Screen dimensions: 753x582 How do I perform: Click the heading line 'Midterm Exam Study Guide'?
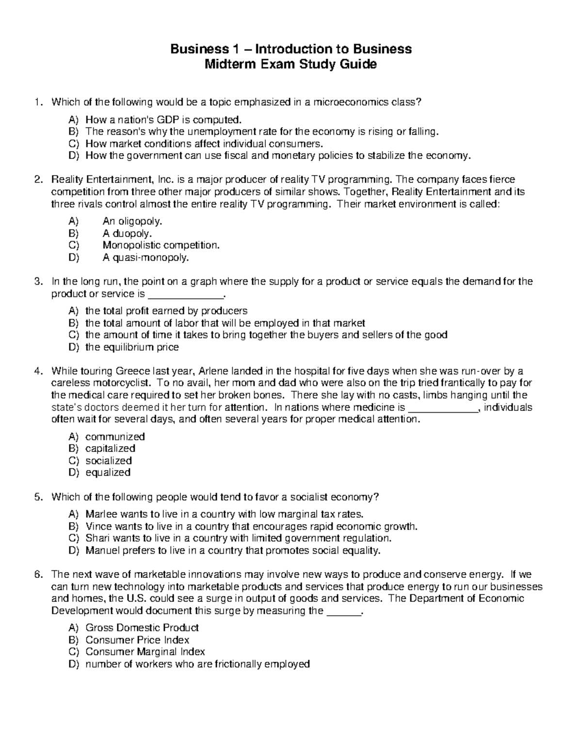(291, 64)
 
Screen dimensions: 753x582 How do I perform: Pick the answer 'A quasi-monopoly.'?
(145, 257)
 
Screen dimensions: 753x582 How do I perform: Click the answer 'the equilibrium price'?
(132, 347)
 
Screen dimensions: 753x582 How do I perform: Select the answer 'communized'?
(115, 436)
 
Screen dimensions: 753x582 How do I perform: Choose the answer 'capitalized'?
(110, 449)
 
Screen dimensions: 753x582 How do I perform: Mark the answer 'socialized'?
(109, 461)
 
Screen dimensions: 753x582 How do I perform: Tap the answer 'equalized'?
(108, 472)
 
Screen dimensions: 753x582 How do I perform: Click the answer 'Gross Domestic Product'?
(142, 628)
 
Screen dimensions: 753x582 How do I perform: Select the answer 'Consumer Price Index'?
(137, 640)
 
